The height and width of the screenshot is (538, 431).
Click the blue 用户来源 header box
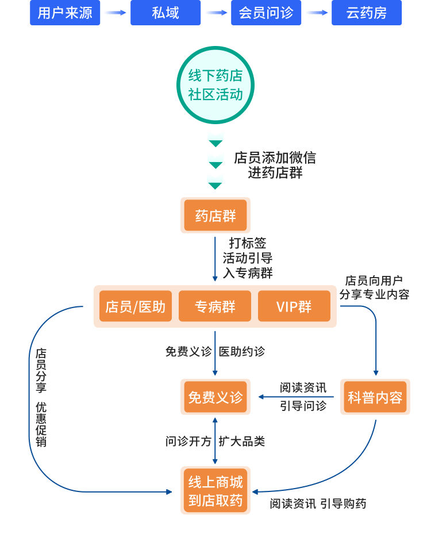coord(65,13)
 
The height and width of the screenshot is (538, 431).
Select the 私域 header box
coord(166,13)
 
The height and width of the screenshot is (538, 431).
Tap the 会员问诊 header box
coord(266,13)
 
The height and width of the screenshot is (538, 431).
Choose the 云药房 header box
coord(367,13)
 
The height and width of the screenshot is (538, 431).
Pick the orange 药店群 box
coord(215,216)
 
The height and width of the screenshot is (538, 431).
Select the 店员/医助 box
coord(136,306)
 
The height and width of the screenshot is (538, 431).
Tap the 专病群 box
coord(215,306)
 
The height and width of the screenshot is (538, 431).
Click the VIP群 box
coord(294,306)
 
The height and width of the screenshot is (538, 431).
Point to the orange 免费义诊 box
coord(215,397)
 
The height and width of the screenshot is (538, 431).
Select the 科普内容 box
coord(375,397)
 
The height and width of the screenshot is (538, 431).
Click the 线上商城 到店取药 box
coord(215,490)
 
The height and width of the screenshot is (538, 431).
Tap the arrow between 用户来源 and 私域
coord(116,13)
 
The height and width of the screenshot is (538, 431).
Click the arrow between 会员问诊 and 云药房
coord(317,13)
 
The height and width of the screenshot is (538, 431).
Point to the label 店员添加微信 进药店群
coord(275,165)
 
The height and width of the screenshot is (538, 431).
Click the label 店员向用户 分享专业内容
coord(374,287)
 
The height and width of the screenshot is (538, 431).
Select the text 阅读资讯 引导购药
coord(318,504)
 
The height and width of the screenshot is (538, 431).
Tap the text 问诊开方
coord(188,441)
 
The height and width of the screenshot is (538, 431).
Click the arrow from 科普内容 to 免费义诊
coord(296,397)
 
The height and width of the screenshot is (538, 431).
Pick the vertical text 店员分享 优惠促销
coord(41,397)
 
